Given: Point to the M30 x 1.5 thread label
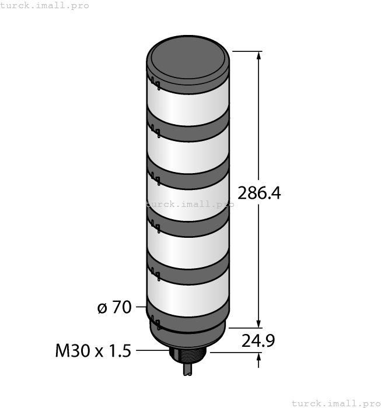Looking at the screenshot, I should [x=94, y=351].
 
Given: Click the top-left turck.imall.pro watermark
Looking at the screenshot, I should [x=45, y=5].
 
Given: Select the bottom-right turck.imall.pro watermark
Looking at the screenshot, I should [x=335, y=403].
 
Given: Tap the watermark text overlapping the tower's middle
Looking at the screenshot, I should [x=190, y=205].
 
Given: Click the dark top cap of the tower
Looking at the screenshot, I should [x=188, y=64].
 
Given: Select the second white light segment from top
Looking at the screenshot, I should [x=188, y=153].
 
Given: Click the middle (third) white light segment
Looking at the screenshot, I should [x=188, y=198].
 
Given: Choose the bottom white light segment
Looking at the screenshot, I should [x=188, y=289].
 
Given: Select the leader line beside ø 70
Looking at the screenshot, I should [x=140, y=307].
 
